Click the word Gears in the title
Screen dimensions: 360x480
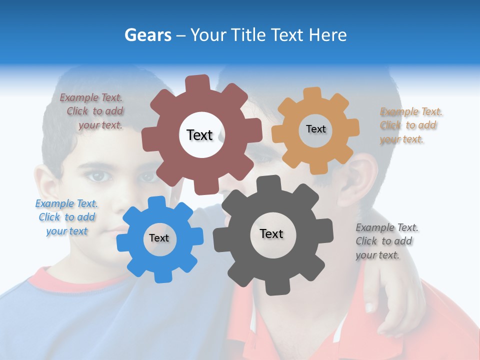pyautogui.click(x=148, y=35)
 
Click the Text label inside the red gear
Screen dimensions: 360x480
pyautogui.click(x=199, y=135)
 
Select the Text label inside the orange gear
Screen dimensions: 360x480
pyautogui.click(x=315, y=129)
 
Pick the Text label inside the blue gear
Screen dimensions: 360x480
pyautogui.click(x=159, y=238)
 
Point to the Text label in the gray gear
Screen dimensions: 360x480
pyautogui.click(x=271, y=233)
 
